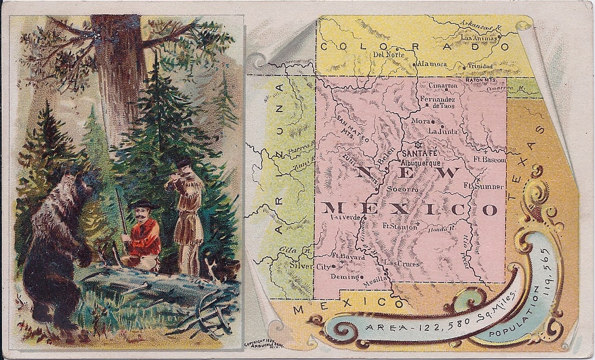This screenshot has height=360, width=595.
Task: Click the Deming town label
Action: click(x=345, y=276)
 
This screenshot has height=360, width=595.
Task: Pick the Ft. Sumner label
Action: click(x=483, y=186)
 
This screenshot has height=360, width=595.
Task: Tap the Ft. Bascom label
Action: click(x=490, y=160)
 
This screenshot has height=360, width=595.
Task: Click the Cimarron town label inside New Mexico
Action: click(x=442, y=85)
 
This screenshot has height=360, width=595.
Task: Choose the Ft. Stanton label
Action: click(x=400, y=226)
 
